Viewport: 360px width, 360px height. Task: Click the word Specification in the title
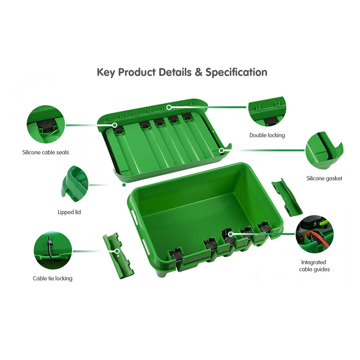[236, 72]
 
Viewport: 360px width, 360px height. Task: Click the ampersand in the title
[198, 72]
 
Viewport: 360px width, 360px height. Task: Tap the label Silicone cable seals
[46, 152]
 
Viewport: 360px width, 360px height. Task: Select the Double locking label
[267, 135]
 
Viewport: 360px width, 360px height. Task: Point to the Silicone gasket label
[324, 178]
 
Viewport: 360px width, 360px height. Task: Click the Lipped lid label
[69, 212]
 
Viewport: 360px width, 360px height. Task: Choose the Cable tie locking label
[53, 278]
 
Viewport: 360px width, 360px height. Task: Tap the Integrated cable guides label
[314, 266]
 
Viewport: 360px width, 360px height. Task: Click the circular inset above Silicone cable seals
[46, 125]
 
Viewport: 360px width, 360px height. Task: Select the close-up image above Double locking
[267, 111]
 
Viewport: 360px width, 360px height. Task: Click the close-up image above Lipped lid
[75, 184]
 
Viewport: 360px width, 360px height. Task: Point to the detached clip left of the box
[118, 255]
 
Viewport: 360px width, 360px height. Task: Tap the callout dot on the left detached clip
[117, 251]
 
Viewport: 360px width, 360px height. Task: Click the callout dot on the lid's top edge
[168, 107]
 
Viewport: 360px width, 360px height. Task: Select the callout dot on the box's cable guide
[230, 234]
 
